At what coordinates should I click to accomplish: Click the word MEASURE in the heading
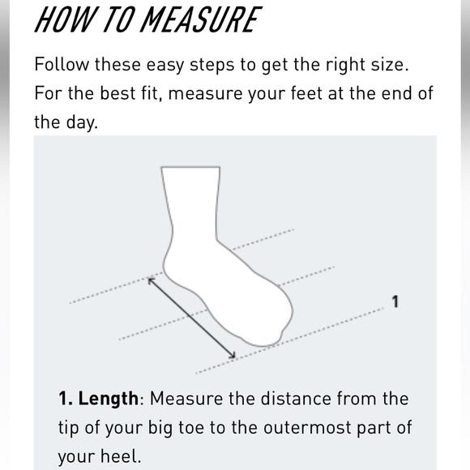tap(201, 19)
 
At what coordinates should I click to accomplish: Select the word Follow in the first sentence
tap(62, 65)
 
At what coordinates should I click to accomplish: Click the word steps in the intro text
tap(212, 66)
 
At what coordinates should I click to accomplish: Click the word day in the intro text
tap(82, 123)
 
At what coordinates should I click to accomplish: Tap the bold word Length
tap(109, 399)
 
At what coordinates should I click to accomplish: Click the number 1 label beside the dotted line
tap(395, 301)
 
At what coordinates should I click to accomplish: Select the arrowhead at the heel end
tap(151, 281)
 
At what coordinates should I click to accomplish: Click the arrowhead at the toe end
tap(233, 356)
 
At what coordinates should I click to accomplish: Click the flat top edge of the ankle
tap(190, 167)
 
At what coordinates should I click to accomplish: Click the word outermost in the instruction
tap(307, 428)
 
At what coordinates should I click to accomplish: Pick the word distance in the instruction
tap(296, 399)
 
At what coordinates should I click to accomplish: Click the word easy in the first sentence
tap(164, 66)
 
